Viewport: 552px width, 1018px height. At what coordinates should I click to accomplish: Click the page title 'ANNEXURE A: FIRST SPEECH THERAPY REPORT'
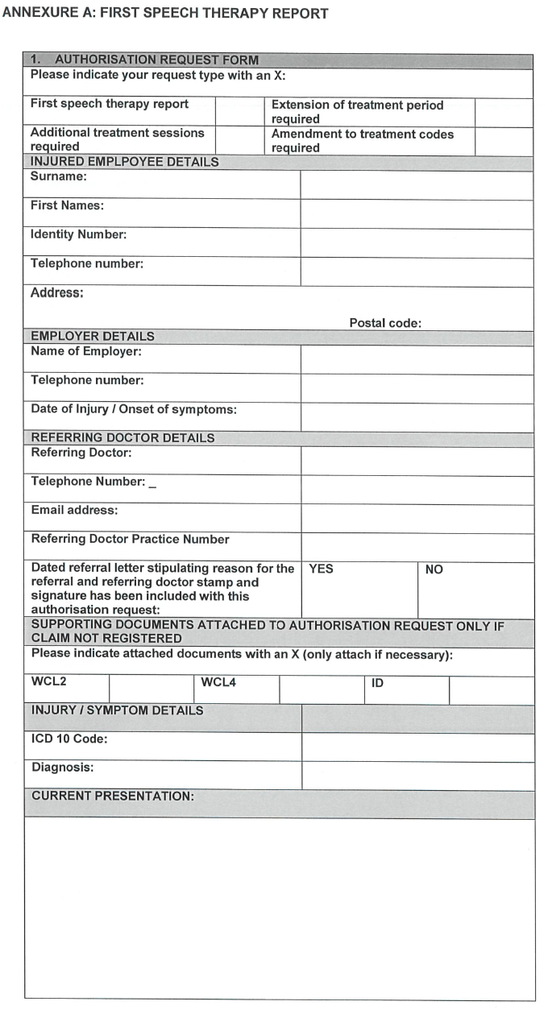(165, 14)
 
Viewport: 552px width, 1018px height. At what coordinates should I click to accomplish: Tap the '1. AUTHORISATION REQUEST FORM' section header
(145, 60)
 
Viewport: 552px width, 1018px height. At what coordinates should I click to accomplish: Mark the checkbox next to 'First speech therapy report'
(239, 112)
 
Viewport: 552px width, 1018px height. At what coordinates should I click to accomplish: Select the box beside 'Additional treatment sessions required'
(239, 141)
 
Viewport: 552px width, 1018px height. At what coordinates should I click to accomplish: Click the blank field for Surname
(417, 184)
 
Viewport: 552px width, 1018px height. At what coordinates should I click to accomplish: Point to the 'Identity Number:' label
(78, 235)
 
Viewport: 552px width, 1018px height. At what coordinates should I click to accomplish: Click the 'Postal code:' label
(385, 323)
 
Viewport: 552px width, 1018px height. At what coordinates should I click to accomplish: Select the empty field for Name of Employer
(417, 360)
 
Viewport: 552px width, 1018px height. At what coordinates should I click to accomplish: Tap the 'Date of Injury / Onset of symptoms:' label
(134, 409)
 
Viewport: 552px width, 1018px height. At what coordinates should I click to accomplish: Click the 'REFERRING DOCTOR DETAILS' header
(122, 438)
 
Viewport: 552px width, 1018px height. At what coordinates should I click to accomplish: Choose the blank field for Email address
(417, 519)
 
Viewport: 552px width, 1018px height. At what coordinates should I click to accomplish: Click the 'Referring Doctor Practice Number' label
(130, 540)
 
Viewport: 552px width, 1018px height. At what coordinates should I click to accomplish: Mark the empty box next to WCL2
(151, 690)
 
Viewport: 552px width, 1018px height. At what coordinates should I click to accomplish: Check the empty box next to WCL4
(322, 690)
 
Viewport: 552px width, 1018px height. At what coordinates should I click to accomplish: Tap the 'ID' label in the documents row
(377, 683)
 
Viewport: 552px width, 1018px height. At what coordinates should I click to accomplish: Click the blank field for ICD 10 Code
(417, 747)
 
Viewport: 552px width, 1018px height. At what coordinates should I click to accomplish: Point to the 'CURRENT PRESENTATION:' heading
(113, 796)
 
